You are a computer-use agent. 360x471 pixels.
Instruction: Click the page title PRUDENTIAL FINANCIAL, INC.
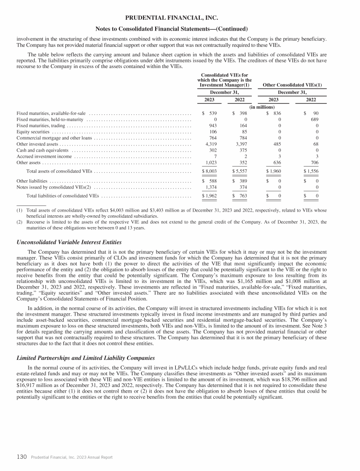[x=180, y=18]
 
